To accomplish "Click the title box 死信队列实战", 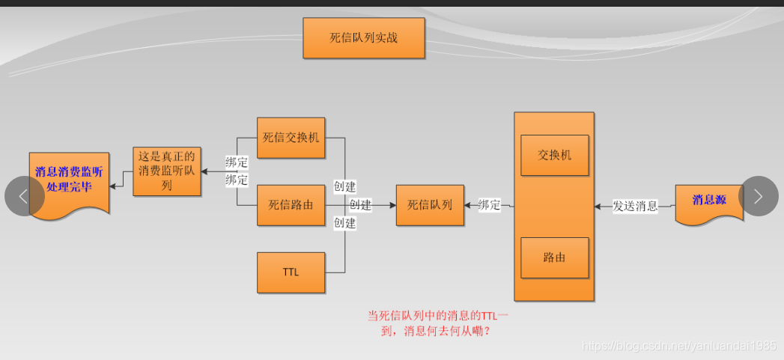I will click(x=364, y=38).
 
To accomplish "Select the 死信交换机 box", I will click(x=291, y=138).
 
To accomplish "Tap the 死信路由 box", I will click(x=291, y=204).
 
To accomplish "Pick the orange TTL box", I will click(x=291, y=272).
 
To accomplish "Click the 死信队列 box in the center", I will click(x=430, y=204).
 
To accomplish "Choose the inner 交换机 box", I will click(x=554, y=155).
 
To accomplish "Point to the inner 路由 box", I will click(x=554, y=257).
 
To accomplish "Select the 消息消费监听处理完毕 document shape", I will click(x=69, y=180).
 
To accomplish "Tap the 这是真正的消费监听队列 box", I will click(x=167, y=171).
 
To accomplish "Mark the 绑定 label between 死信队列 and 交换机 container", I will click(x=489, y=205).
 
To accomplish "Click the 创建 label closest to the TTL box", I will click(x=344, y=222).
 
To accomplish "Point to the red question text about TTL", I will click(x=437, y=323).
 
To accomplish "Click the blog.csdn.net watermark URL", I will click(x=678, y=346).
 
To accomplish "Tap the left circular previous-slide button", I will click(x=23, y=196).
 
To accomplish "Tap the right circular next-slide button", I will click(x=758, y=196).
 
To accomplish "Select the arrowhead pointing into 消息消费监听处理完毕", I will click(x=113, y=182).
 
